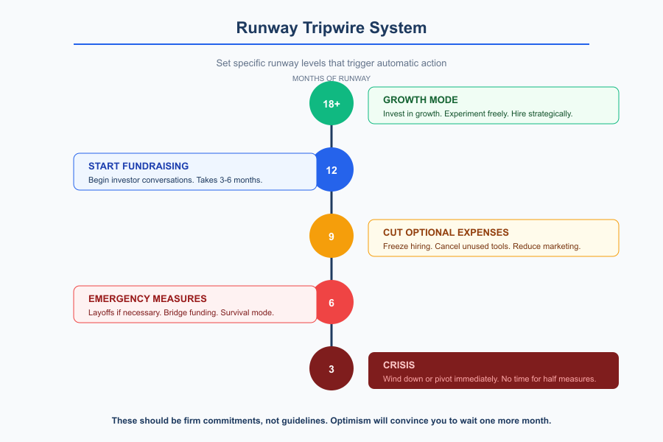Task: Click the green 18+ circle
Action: point(331,104)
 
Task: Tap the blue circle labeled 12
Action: point(331,170)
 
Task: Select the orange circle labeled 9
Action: point(331,236)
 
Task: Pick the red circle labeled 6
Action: point(331,303)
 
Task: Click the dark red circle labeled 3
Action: point(331,369)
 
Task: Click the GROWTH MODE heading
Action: point(420,100)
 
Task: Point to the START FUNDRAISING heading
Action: point(138,166)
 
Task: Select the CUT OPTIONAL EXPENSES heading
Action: point(446,233)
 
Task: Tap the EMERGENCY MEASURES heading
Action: point(147,299)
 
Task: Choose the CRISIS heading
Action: point(399,365)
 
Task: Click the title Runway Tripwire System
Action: point(331,28)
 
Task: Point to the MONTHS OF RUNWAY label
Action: point(331,78)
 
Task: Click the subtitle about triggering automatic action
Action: point(331,63)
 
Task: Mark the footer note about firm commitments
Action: point(331,421)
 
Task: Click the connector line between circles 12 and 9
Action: point(331,203)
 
